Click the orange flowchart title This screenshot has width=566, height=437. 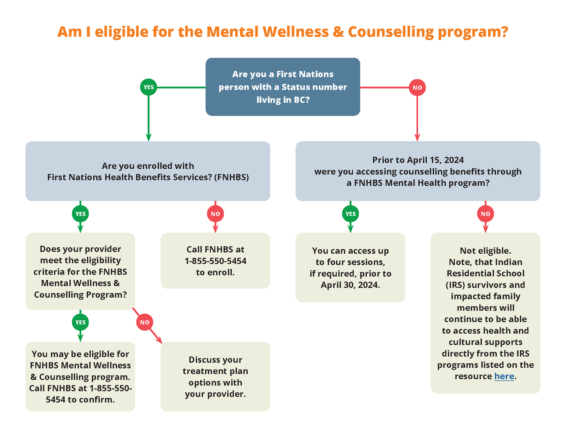pos(283,32)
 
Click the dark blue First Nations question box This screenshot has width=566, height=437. pos(283,87)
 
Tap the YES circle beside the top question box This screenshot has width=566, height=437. pos(149,87)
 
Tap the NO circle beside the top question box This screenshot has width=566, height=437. pos(417,88)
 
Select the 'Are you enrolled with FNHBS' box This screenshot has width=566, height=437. pos(148,171)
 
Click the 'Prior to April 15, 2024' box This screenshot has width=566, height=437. pos(418,171)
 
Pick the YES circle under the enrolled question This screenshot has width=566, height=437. pos(80,214)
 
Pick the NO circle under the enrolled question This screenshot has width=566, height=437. pos(215,214)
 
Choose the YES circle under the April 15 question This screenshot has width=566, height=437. pos(350,214)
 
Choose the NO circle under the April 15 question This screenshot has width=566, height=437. pos(485,214)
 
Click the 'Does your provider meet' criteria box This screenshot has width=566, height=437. pos(80,272)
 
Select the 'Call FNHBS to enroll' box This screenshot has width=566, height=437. pos(215,261)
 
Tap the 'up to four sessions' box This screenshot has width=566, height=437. pos(350,268)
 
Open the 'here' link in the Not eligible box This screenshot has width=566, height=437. pos(504,376)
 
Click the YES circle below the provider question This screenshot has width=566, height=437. pos(80,322)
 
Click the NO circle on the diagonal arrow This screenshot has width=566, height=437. pos(144,322)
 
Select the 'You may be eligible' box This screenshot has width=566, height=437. pos(80,377)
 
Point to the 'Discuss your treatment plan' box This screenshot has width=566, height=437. pos(215,377)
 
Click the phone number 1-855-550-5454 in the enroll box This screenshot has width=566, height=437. pos(215,261)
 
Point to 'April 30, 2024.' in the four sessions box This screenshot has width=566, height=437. pos(350,285)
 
